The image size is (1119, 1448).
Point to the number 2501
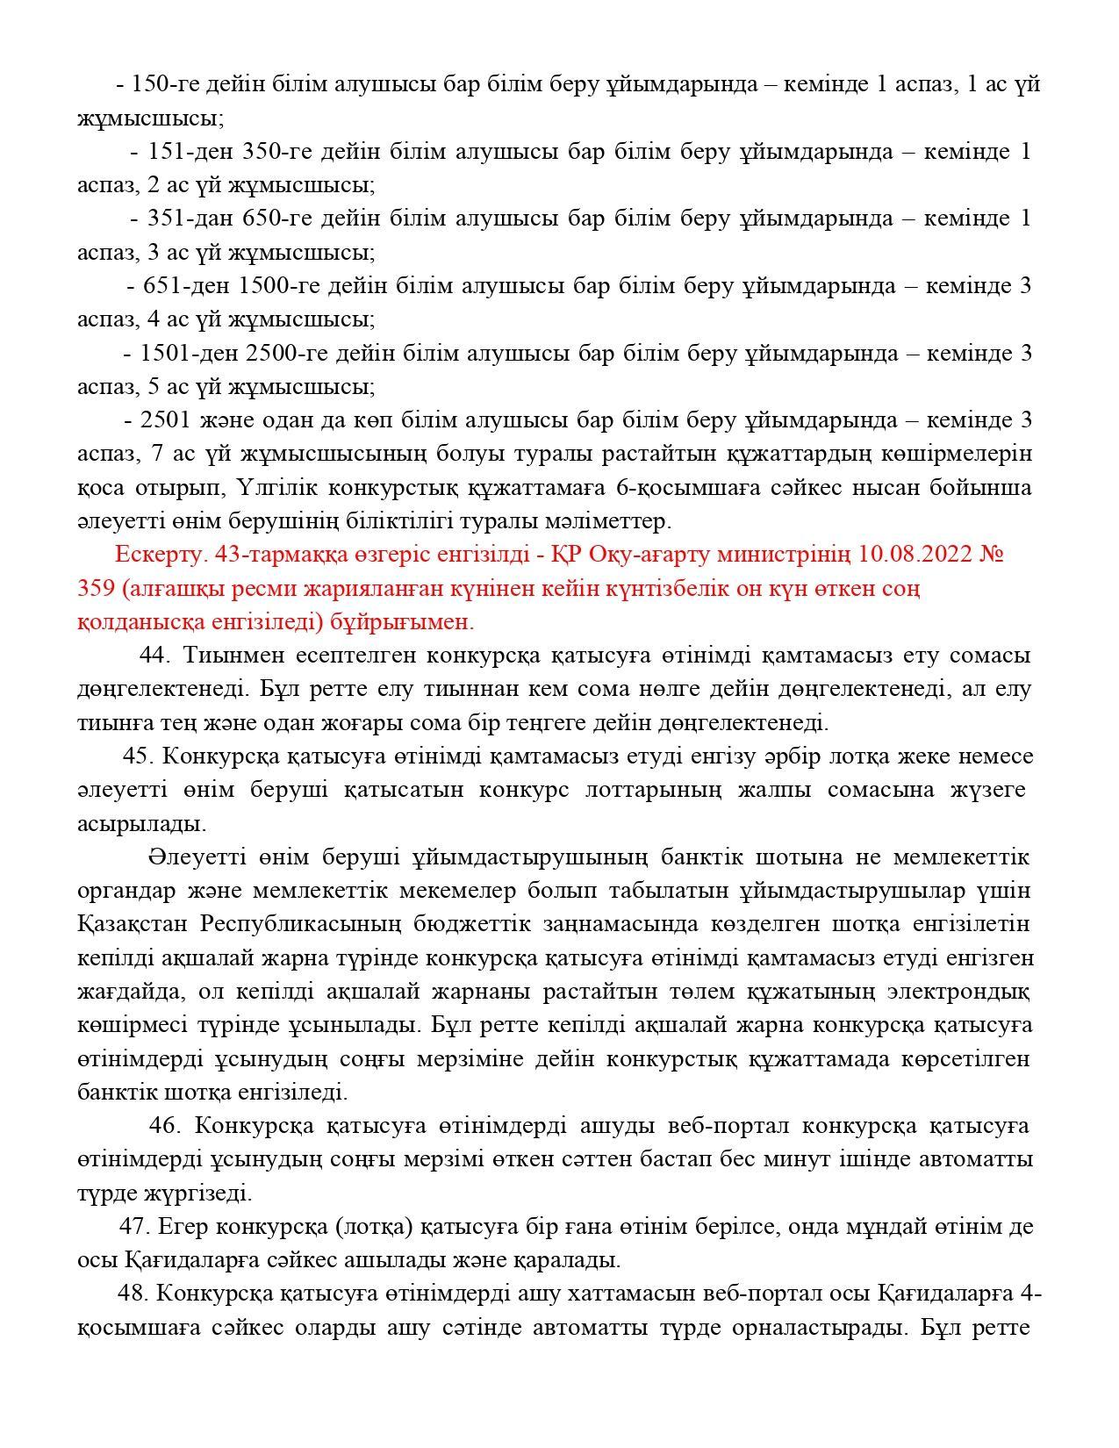(x=165, y=420)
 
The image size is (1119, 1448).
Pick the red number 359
(x=96, y=588)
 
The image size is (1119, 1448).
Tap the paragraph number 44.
(x=155, y=656)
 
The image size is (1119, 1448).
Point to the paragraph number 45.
(x=139, y=756)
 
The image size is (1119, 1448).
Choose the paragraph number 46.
(x=164, y=1126)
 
